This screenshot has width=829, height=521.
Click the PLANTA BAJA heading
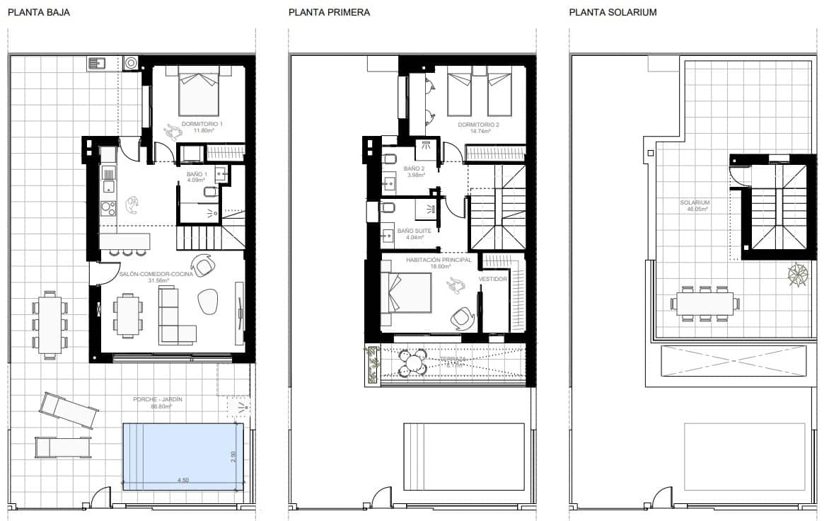point(39,13)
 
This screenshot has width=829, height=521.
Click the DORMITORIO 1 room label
point(202,125)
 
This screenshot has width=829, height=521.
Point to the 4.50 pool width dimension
point(182,480)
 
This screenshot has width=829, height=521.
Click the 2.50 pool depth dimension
point(233,457)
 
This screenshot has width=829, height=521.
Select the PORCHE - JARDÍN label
point(158,400)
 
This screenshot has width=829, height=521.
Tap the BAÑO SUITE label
point(414,231)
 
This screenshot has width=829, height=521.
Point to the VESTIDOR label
point(492,280)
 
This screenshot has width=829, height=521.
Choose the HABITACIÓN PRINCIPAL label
point(439,260)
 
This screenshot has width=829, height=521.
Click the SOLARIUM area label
point(695,203)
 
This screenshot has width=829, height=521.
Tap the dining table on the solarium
point(705,304)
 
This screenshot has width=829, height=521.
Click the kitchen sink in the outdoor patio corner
point(98,64)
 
